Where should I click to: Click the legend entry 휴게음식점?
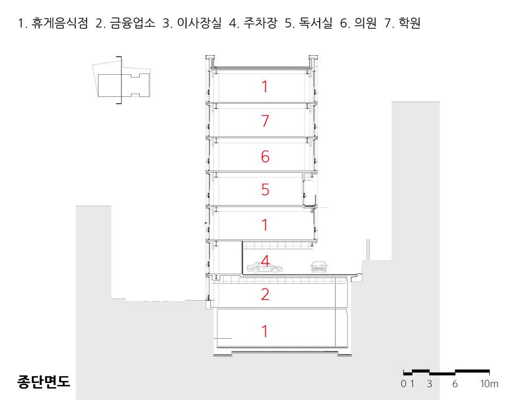coord(60,23)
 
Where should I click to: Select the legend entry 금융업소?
coord(132,23)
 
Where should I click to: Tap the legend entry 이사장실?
coord(199,23)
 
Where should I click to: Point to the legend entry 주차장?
coord(260,23)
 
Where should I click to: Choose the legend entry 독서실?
coord(316,23)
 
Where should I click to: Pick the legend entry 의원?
coord(365,23)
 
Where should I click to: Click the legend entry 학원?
coord(409,23)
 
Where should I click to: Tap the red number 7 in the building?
coord(265,121)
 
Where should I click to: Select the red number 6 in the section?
coord(265,157)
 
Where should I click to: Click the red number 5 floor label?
coord(265,190)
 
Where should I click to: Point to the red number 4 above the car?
coord(265,261)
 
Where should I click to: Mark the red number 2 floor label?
coord(265,294)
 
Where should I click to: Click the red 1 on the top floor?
coord(265,87)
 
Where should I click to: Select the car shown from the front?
coord(319,267)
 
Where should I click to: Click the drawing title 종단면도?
coord(43,381)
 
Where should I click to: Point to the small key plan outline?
coord(121,80)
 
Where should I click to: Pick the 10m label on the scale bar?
coord(489,384)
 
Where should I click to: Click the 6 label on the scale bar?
coord(455,384)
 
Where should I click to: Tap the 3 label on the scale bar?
coord(430,384)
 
